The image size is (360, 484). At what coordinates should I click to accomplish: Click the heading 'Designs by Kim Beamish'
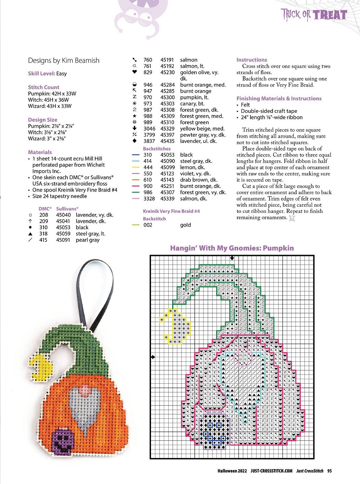63,61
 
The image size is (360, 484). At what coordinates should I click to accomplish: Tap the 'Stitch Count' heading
44,87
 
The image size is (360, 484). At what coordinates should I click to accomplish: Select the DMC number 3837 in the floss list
149,141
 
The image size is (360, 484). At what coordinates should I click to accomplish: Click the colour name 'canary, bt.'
192,104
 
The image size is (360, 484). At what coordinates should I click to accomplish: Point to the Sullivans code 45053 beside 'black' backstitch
168,155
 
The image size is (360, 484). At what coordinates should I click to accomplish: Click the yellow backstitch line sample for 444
136,167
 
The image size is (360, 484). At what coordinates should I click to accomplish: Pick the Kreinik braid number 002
148,225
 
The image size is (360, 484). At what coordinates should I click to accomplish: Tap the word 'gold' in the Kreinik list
185,225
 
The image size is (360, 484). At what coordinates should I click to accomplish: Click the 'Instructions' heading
252,60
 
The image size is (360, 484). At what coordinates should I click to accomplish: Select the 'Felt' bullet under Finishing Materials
245,105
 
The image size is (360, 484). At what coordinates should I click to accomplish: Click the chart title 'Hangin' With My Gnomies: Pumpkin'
232,248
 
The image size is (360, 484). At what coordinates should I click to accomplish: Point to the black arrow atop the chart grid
232,258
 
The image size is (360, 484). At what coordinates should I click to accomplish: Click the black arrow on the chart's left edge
153,357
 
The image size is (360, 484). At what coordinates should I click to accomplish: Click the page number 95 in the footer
330,471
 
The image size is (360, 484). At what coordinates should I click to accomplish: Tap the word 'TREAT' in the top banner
330,15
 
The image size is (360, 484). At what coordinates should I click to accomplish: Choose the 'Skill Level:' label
41,74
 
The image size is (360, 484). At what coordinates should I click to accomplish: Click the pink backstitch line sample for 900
136,186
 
